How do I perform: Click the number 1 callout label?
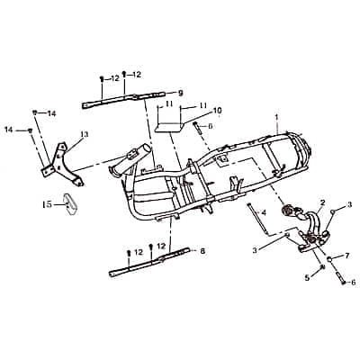click(x=277, y=117)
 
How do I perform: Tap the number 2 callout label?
click(x=322, y=202)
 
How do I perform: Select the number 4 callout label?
click(x=264, y=213)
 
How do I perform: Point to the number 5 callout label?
click(x=307, y=278)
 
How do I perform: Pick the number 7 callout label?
click(x=347, y=256)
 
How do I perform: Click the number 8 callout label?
click(x=202, y=251)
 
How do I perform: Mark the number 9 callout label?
click(x=180, y=94)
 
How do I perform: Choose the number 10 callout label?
click(x=217, y=111)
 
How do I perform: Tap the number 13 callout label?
click(x=85, y=135)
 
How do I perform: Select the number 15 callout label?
click(x=47, y=204)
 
